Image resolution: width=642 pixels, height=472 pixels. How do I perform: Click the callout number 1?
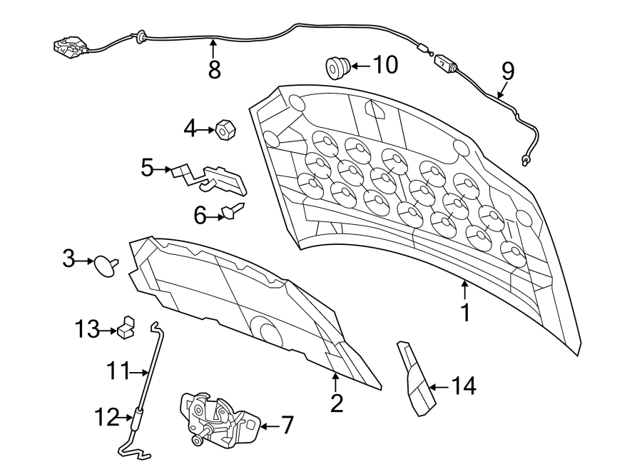coord(465,313)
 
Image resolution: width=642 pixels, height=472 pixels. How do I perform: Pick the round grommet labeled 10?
coord(336,67)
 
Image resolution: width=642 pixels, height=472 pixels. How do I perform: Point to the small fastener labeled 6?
coord(233,211)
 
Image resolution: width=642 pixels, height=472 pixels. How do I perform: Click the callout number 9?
coord(507,71)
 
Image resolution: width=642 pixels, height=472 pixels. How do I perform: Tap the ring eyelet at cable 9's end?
coord(526,161)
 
